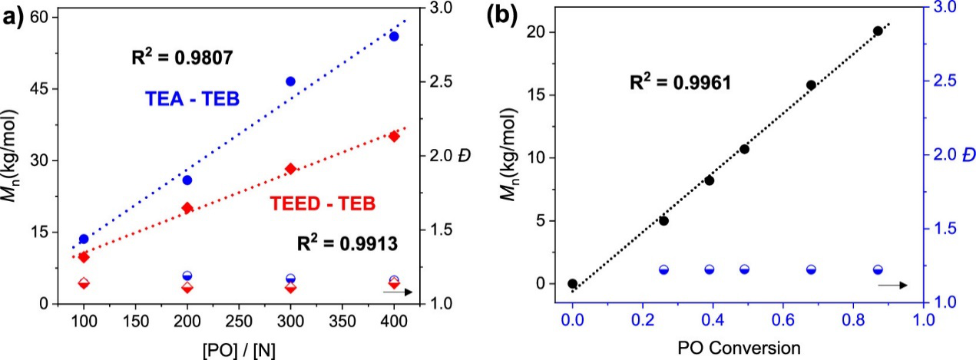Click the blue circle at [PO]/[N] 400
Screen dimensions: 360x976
394,36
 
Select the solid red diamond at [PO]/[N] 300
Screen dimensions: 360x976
291,169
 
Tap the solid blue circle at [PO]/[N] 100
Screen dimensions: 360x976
84,239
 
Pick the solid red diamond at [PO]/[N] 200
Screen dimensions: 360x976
187,207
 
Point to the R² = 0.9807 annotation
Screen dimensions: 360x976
181,57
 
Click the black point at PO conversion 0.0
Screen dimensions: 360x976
572,283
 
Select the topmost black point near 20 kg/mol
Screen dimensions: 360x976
878,31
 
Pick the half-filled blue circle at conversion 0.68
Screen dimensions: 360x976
811,269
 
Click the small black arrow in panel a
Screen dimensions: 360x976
397,292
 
